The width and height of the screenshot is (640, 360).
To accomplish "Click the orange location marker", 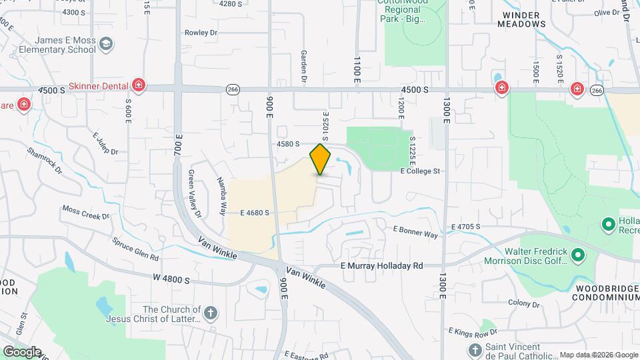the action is (x=321, y=159).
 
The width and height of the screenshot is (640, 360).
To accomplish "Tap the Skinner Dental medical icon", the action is (x=138, y=85).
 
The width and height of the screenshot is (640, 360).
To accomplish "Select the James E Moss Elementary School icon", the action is (x=105, y=45).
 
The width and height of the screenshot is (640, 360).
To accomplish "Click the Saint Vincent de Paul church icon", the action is (x=474, y=349).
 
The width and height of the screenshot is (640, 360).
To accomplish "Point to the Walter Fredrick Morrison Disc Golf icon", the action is (x=578, y=255).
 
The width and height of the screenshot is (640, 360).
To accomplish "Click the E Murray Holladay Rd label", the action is (x=382, y=265).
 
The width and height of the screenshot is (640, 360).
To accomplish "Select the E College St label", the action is (x=420, y=171).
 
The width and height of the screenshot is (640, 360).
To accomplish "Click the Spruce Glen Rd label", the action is (x=135, y=249).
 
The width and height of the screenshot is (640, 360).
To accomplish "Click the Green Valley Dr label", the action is (x=194, y=194).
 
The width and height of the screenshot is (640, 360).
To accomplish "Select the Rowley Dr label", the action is (x=201, y=32).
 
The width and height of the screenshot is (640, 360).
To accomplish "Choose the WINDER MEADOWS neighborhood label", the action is (x=521, y=19).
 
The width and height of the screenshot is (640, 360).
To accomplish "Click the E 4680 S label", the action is (x=255, y=213).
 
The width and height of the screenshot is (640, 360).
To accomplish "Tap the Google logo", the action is (x=21, y=351).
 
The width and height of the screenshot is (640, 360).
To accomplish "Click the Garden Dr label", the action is (x=304, y=67).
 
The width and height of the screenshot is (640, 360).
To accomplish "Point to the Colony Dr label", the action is (x=523, y=303).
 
